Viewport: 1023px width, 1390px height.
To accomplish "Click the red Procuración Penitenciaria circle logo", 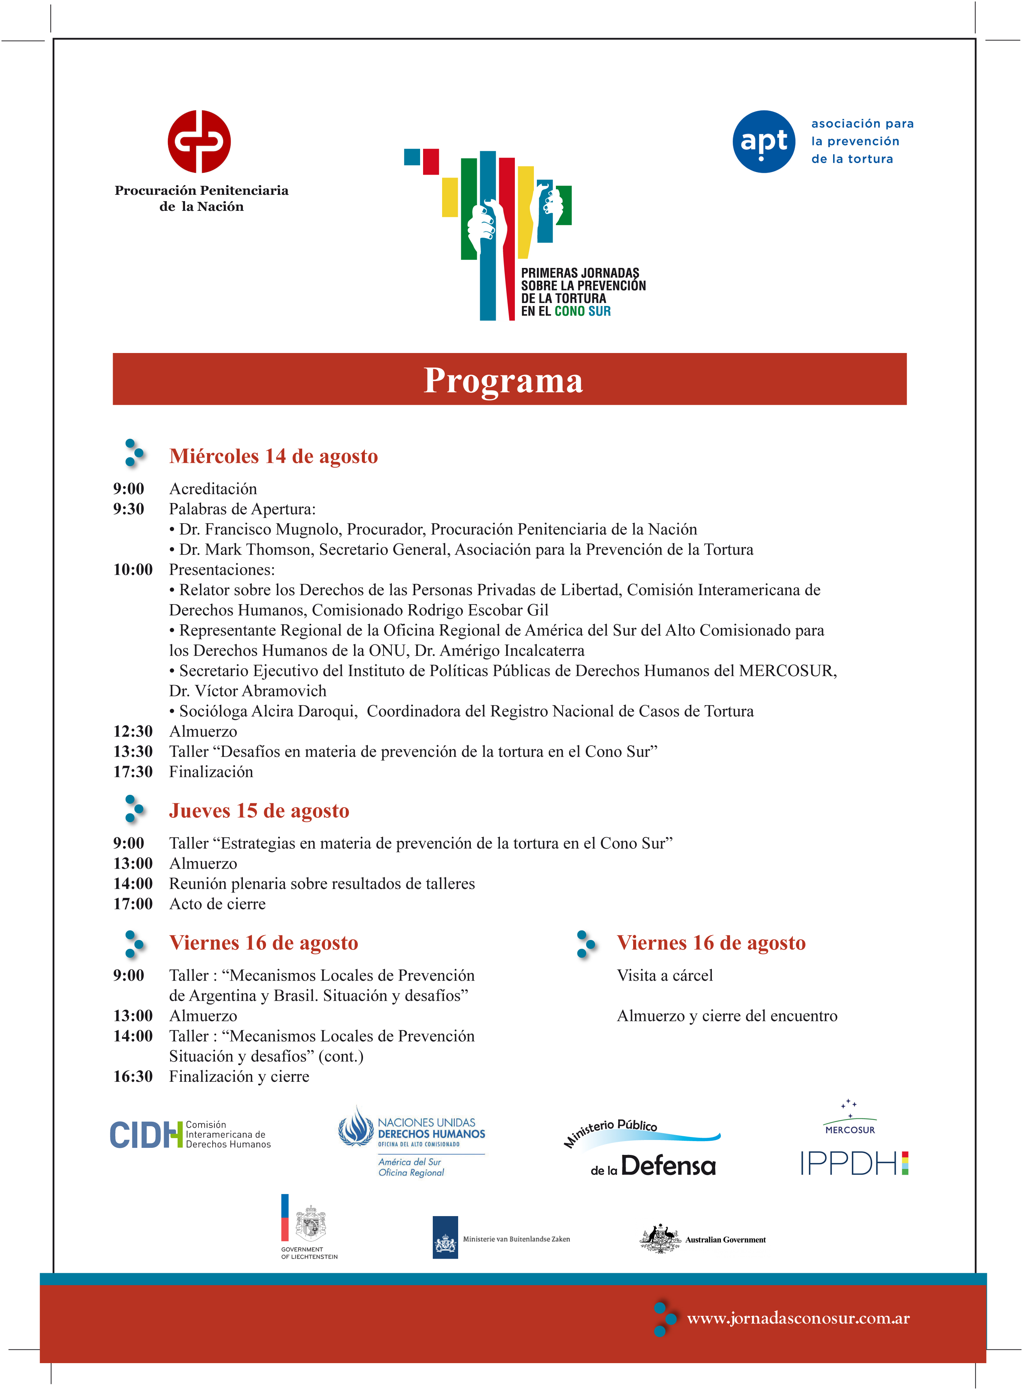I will (x=199, y=142).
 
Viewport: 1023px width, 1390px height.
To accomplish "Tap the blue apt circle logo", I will (x=764, y=142).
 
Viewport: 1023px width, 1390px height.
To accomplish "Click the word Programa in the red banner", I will (x=503, y=380).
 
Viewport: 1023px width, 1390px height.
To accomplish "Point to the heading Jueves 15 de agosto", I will (x=259, y=811).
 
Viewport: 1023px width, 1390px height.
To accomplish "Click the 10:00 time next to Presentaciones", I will (x=132, y=570).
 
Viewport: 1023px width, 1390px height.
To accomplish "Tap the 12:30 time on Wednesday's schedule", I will (x=132, y=731).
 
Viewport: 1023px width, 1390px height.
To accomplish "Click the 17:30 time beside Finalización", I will (x=132, y=772).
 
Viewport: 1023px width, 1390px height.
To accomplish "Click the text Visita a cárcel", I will (x=664, y=975).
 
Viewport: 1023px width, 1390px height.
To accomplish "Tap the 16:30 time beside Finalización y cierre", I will (x=132, y=1077).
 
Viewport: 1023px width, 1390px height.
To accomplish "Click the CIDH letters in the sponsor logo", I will (x=146, y=1135).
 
